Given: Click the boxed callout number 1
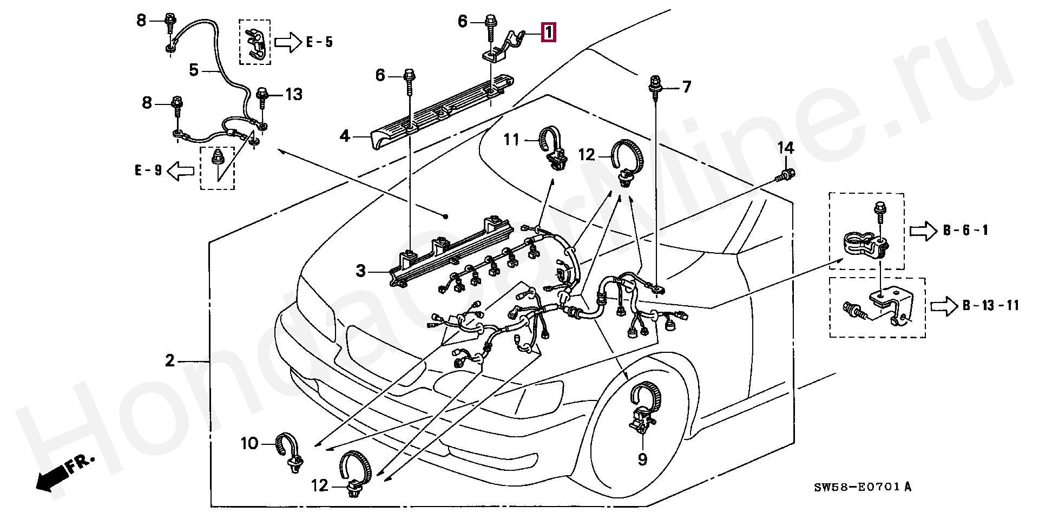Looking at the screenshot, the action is click(548, 33).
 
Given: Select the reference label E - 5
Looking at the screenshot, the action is click(319, 42).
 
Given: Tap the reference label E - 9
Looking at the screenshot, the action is click(148, 171).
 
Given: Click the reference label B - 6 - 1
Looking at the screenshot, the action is click(965, 231).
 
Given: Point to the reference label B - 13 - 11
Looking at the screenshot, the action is click(990, 306).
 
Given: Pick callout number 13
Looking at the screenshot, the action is click(294, 95).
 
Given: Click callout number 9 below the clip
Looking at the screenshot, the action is click(642, 459).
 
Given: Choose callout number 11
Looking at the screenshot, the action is click(511, 141).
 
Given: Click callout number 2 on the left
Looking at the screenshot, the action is click(170, 360).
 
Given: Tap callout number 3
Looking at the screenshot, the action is click(361, 271).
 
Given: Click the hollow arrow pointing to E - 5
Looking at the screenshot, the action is click(287, 42).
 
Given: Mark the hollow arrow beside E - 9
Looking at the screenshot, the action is click(181, 171).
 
